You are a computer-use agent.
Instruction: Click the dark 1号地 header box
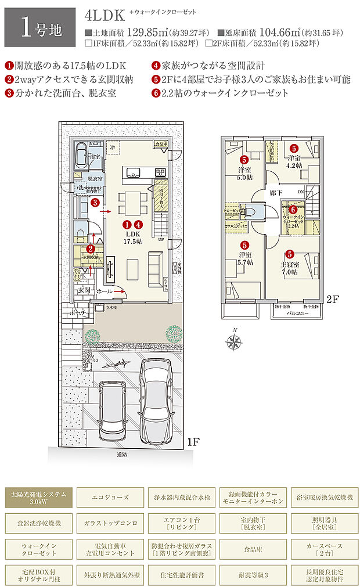click(x=40, y=27)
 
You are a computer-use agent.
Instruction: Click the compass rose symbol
click(x=234, y=342)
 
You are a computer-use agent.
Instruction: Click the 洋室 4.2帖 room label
click(x=294, y=161)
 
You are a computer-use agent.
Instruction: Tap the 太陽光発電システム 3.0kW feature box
click(x=39, y=498)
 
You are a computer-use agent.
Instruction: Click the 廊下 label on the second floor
click(x=276, y=192)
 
